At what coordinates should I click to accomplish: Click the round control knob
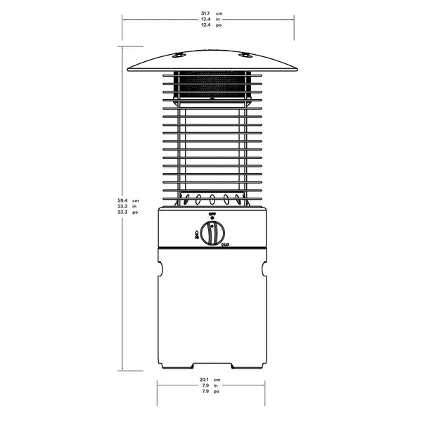(x=212, y=233)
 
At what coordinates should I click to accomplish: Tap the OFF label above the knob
(x=212, y=213)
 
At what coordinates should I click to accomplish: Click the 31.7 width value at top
(x=205, y=13)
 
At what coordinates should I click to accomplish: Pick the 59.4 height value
(x=123, y=200)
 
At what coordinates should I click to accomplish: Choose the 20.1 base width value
(x=205, y=379)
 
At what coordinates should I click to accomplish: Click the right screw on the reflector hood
(x=244, y=55)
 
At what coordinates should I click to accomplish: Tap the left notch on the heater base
(x=160, y=269)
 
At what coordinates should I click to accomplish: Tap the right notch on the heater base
(x=264, y=269)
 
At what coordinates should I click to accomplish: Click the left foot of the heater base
(x=176, y=366)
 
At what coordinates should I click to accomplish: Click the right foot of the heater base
(x=248, y=366)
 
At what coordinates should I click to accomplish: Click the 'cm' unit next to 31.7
(x=219, y=13)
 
